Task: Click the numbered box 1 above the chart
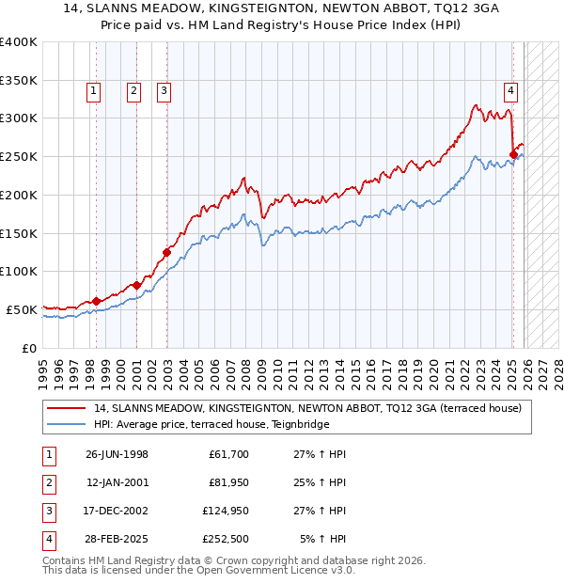pyautogui.click(x=95, y=91)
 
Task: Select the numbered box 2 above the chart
pyautogui.click(x=134, y=91)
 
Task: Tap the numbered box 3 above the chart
pyautogui.click(x=164, y=91)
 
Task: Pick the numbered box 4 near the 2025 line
pyautogui.click(x=510, y=91)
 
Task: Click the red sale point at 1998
pyautogui.click(x=97, y=301)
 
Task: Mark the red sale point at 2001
pyautogui.click(x=136, y=285)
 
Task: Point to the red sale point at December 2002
pyautogui.click(x=166, y=252)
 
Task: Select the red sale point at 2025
pyautogui.click(x=513, y=154)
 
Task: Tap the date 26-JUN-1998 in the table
pyautogui.click(x=117, y=454)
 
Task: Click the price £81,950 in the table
pyautogui.click(x=228, y=482)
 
